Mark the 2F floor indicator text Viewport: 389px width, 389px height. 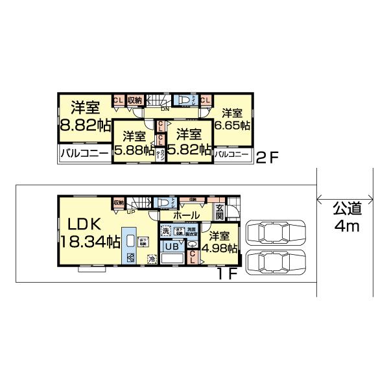pyautogui.click(x=268, y=156)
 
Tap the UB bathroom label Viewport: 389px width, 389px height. pyautogui.click(x=172, y=247)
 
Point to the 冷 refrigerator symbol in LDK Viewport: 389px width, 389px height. pyautogui.click(x=151, y=259)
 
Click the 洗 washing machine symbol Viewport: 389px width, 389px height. pyautogui.click(x=166, y=231)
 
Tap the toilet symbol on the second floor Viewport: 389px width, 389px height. pyautogui.click(x=186, y=101)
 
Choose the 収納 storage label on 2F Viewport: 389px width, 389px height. pyautogui.click(x=135, y=100)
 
